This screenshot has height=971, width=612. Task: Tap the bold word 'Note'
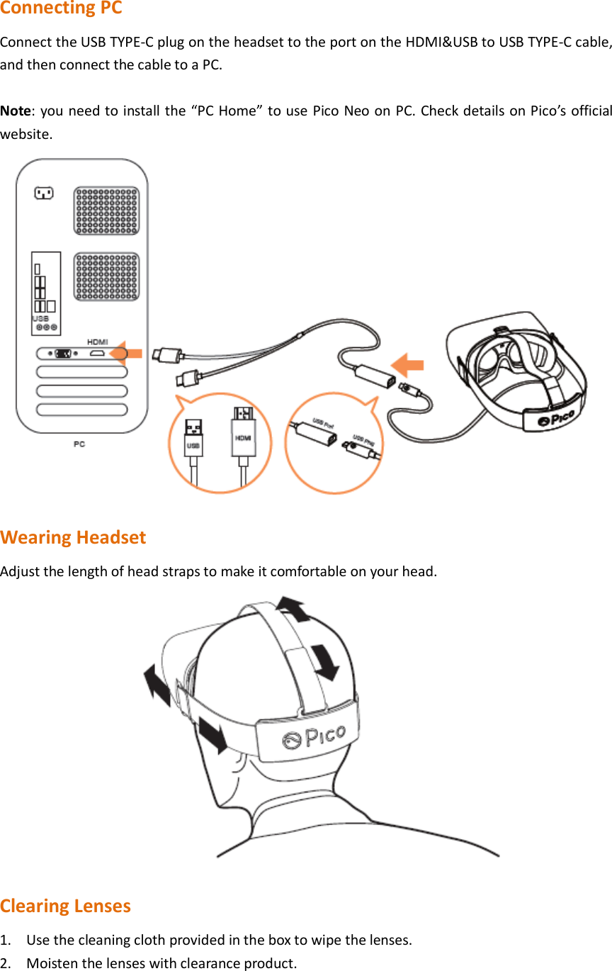pyautogui.click(x=14, y=111)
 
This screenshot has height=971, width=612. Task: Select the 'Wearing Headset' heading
pyautogui.click(x=73, y=537)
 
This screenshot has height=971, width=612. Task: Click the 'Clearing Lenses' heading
pyautogui.click(x=65, y=906)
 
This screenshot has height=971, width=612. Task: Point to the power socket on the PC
pyautogui.click(x=44, y=192)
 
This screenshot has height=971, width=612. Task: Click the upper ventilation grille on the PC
pyautogui.click(x=106, y=210)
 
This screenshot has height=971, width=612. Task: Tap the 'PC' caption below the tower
pyautogui.click(x=79, y=444)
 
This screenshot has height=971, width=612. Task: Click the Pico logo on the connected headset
pyautogui.click(x=555, y=419)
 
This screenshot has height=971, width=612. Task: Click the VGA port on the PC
pyautogui.click(x=62, y=353)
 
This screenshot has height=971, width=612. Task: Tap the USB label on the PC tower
pyautogui.click(x=40, y=319)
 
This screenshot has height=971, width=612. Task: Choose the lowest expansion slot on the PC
pyautogui.click(x=82, y=409)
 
